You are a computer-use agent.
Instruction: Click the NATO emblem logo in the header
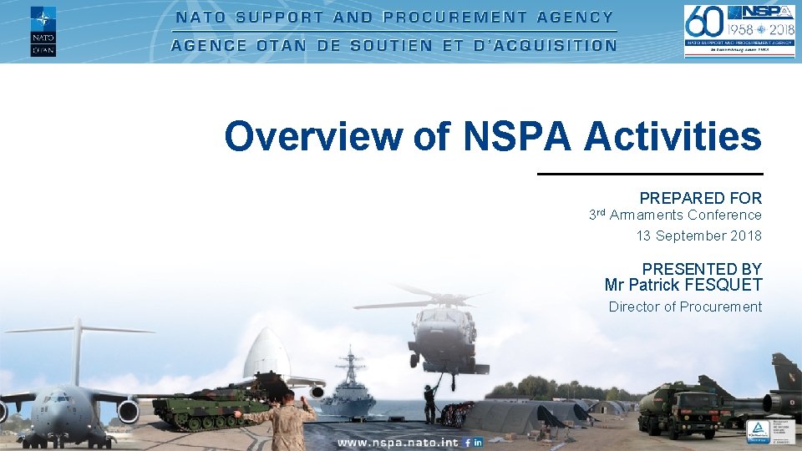tap(43, 30)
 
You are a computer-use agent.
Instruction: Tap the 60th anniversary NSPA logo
tap(739, 31)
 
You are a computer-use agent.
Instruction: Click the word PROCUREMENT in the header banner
tap(455, 17)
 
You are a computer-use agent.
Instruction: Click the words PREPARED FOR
tap(700, 198)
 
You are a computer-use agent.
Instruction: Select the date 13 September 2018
tap(698, 236)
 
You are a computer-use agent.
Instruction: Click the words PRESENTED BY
tap(702, 269)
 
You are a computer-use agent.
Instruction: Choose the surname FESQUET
tap(723, 286)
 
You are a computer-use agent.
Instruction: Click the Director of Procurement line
tap(685, 307)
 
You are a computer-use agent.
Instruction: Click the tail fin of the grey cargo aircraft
tap(78, 351)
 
